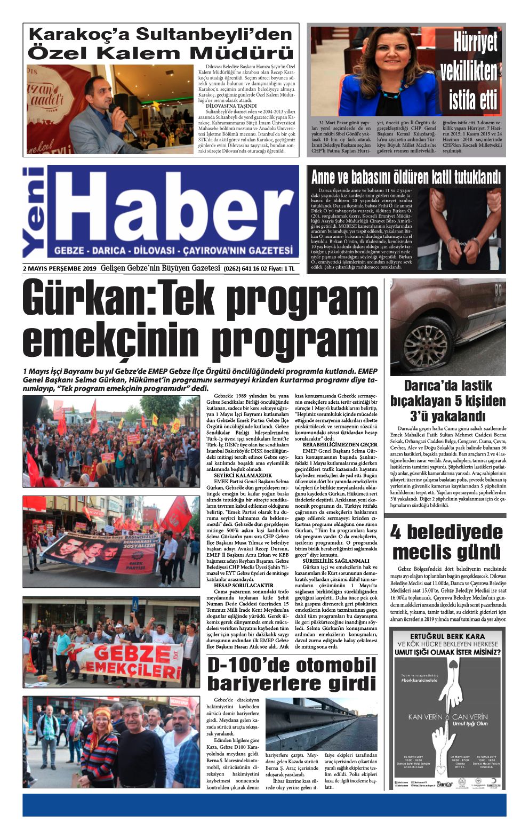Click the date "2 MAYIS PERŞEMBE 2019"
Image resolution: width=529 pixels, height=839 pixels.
[60, 269]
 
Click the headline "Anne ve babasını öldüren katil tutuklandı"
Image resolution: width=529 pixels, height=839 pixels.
[406, 177]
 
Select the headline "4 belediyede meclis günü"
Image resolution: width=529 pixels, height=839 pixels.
[447, 541]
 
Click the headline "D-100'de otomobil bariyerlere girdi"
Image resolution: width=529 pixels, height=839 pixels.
[291, 674]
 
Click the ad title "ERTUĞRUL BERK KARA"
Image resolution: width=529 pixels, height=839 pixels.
[447, 636]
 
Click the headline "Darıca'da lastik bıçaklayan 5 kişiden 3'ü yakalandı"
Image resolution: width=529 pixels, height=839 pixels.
[447, 401]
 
